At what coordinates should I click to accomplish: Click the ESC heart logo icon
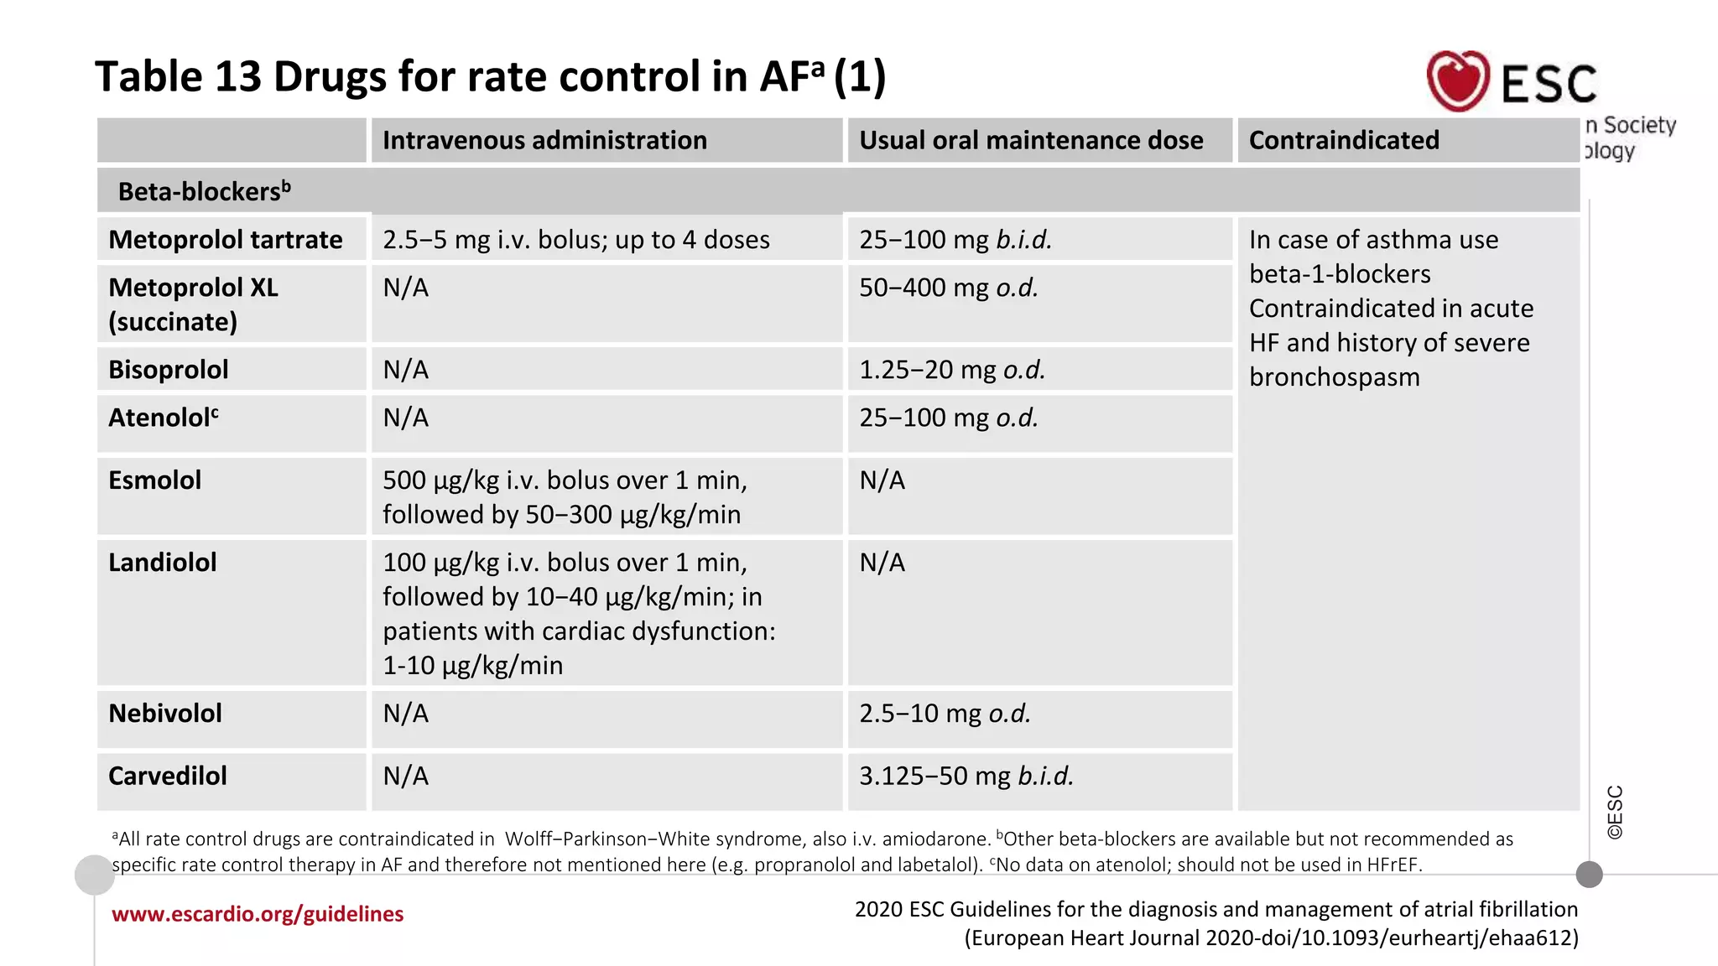1458,80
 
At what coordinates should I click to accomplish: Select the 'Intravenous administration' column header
544,140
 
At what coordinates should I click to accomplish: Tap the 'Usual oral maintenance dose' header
1030,140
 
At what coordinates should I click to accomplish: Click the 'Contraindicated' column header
1343,140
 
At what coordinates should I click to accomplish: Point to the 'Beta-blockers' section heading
204,191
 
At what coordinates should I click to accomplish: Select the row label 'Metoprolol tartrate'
225,240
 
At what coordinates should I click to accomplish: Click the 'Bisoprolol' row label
168,370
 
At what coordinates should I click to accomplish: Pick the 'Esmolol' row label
154,480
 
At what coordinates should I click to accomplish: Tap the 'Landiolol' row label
162,563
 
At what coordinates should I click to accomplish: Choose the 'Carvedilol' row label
167,776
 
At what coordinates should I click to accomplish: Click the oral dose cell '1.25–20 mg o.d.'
951,370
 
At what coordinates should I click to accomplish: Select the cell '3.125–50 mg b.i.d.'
966,776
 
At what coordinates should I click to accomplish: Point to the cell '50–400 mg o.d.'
948,288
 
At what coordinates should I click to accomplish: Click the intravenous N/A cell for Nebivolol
405,714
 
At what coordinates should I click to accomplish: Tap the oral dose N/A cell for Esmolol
882,480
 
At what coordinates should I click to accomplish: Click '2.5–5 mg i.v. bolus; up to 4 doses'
575,240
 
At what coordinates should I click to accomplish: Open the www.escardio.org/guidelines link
258,914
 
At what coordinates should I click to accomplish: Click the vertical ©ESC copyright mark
1615,812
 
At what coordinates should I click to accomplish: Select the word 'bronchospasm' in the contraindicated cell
1334,377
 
